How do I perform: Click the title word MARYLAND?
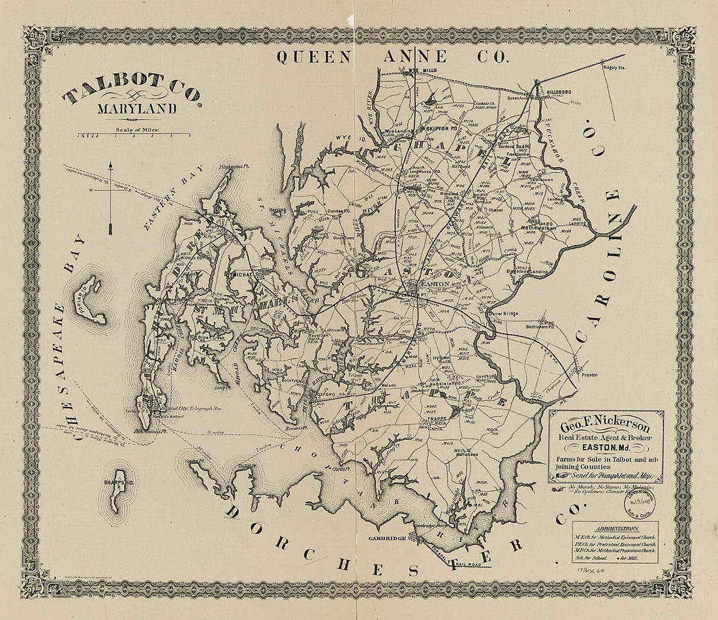coord(137,109)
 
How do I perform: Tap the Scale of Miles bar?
coord(134,136)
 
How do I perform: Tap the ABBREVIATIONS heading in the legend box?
coord(616,529)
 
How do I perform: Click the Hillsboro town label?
coord(563,93)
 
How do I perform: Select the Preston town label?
coord(591,375)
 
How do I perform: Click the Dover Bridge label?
coord(503,314)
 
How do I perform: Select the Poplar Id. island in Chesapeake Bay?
coord(91,301)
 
